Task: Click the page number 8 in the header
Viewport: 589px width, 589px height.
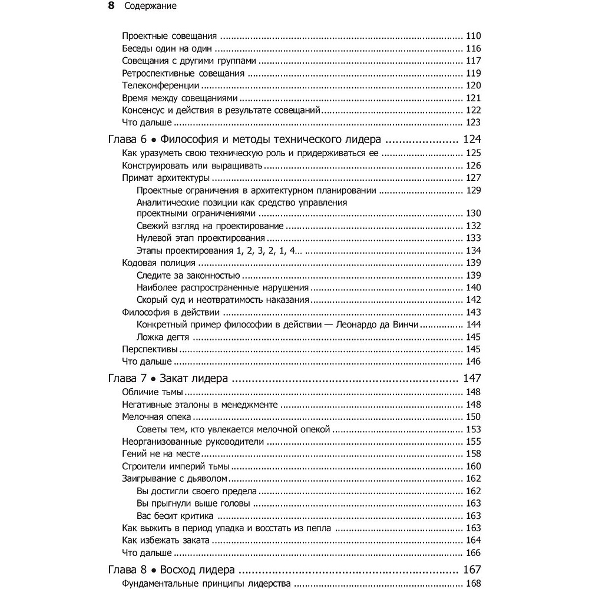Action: [112, 6]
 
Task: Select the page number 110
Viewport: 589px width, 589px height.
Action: [473, 35]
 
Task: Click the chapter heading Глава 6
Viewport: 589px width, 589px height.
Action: [125, 140]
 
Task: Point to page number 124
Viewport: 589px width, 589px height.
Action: [472, 140]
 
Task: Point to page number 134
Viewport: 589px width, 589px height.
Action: [473, 250]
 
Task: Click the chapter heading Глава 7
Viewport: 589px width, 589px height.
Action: [125, 379]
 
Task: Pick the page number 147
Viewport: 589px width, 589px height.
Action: [472, 379]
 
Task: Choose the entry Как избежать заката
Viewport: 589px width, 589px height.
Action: [162, 540]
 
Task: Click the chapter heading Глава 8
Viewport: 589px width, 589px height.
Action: [125, 570]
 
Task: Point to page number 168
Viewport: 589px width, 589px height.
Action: [473, 584]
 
